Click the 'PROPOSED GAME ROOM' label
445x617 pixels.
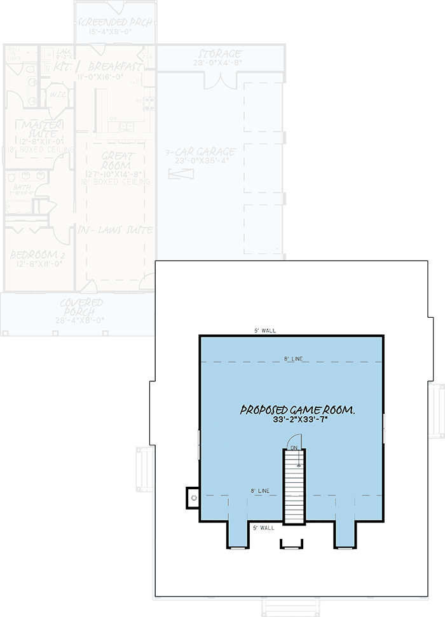coord(297,410)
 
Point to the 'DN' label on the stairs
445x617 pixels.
coord(294,449)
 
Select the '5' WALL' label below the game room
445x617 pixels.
coord(263,527)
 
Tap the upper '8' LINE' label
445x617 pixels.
coord(294,360)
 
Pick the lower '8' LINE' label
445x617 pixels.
coord(260,491)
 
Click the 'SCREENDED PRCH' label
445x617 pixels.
coord(115,23)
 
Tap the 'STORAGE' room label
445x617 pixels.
coord(220,54)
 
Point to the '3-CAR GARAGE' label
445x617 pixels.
coord(201,152)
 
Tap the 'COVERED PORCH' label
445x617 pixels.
coord(82,308)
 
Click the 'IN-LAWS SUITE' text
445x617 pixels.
coord(116,229)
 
